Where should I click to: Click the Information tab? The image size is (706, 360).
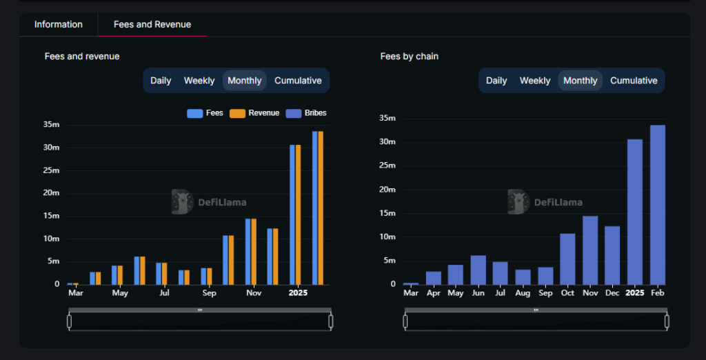tap(59, 25)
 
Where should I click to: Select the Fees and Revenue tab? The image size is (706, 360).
tap(152, 25)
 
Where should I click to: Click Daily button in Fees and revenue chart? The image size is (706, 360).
tap(161, 81)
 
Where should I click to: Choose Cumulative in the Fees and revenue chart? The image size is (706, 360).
tap(298, 81)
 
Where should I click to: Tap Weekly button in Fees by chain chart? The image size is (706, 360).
tap(535, 81)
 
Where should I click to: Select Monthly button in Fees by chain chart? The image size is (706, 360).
tap(581, 81)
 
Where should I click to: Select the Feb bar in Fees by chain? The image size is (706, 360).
tap(657, 205)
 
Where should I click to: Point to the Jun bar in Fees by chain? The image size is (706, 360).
tap(478, 270)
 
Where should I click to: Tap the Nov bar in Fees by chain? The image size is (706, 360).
tap(590, 250)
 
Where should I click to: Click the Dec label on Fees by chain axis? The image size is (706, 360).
tap(612, 293)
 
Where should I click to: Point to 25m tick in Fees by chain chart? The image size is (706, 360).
tap(387, 166)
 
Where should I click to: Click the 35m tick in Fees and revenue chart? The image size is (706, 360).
tap(52, 125)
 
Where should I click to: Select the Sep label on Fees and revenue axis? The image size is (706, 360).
tap(209, 293)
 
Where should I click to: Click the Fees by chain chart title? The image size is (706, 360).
tap(410, 57)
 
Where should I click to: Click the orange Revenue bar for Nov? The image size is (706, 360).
tap(254, 252)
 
